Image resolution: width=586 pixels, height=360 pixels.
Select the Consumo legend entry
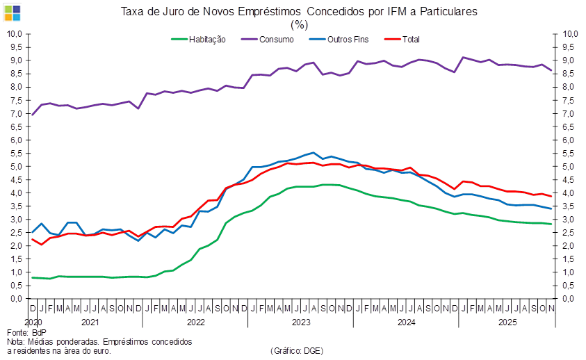[x=276, y=40]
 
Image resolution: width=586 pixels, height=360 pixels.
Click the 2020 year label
[x=33, y=322]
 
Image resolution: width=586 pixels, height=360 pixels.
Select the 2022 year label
[x=195, y=322]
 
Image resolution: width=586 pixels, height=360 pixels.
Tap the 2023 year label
[x=300, y=322]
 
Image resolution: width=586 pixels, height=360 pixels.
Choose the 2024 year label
[x=405, y=322]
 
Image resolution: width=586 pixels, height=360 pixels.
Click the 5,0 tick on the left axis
[x=15, y=167]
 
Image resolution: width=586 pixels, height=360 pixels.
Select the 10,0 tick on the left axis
[x=15, y=33]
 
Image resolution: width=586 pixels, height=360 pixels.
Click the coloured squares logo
[x=13, y=12]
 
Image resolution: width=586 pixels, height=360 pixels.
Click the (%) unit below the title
[x=299, y=24]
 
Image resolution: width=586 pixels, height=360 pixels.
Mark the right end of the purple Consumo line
[x=553, y=70]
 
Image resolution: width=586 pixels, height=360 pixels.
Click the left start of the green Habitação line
[x=32, y=277]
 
